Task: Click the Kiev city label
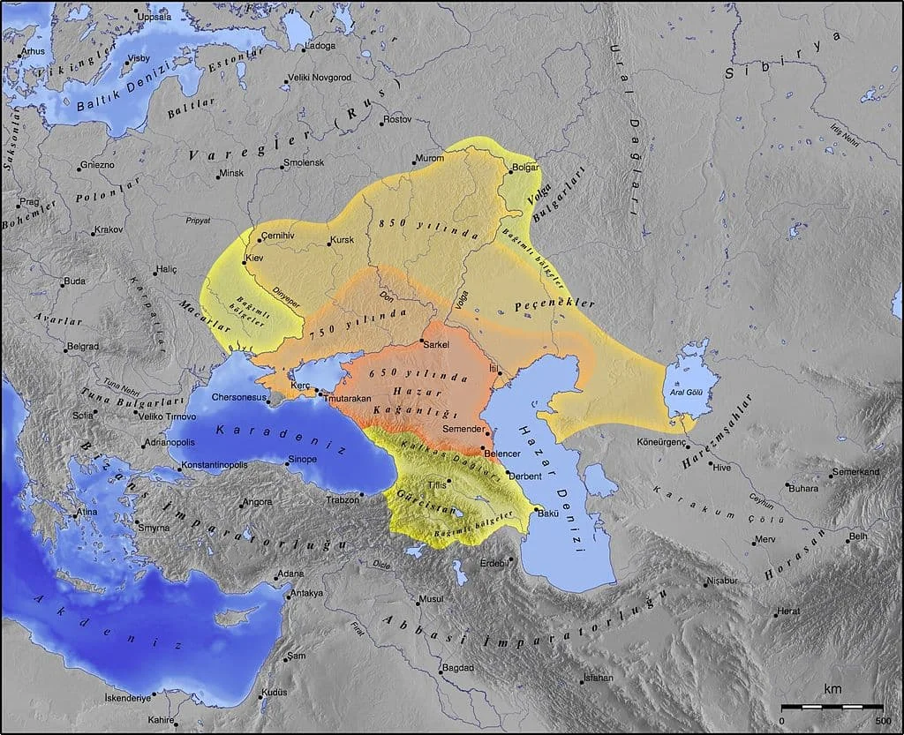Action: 255,258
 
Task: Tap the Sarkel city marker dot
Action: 423,342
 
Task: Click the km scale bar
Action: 832,707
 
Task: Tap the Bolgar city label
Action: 524,167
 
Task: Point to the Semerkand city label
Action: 855,472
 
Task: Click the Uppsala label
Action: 156,17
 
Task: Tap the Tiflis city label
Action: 436,485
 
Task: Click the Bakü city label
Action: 548,513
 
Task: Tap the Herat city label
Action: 788,611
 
